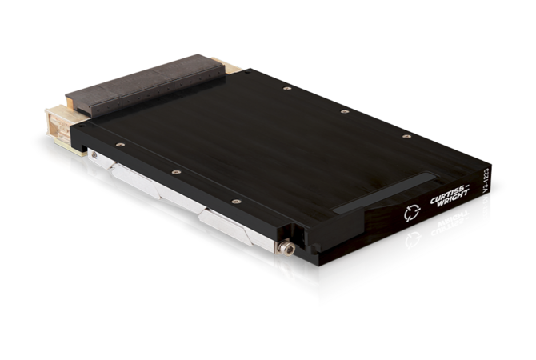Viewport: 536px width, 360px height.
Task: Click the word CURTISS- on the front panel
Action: (x=450, y=194)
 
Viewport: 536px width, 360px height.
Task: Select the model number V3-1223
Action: (x=486, y=181)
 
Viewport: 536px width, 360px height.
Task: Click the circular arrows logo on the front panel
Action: (x=412, y=213)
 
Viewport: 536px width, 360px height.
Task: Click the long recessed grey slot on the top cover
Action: (x=385, y=194)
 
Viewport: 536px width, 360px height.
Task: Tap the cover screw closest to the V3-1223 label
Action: (x=406, y=137)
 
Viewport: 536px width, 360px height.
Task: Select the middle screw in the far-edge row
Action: (x=345, y=111)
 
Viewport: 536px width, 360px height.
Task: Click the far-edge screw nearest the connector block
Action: (x=287, y=89)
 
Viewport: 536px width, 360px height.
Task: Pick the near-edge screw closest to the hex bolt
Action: (x=236, y=202)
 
